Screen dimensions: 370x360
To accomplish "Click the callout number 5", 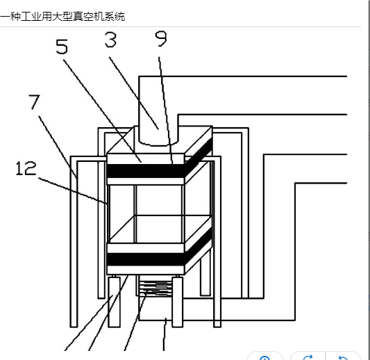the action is pos(62,47).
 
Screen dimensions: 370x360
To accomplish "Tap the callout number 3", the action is pos(110,40).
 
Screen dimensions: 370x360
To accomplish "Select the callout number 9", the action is pos(161,38).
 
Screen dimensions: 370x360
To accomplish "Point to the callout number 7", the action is pos(35,101).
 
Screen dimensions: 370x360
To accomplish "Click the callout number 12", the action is pos(26,168).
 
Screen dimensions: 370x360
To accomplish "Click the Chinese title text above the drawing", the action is pos(62,17).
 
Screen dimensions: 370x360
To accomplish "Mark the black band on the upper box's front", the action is pos(146,171).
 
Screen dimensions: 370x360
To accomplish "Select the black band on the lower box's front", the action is pos(146,259).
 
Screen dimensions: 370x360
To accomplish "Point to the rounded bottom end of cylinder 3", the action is pos(158,142).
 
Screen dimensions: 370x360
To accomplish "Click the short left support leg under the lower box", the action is pos(115,302).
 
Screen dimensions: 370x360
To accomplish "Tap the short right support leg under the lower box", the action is pos(178,302).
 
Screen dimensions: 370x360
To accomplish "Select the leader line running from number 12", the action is pos(73,190).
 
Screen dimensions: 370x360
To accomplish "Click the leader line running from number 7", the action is pos(58,147).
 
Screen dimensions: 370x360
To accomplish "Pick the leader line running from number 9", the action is pos(166,110).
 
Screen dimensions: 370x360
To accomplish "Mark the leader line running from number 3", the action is pos(133,93).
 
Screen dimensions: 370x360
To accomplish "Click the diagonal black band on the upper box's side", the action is pos(199,152).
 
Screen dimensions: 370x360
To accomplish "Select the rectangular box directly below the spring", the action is pos(156,308).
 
